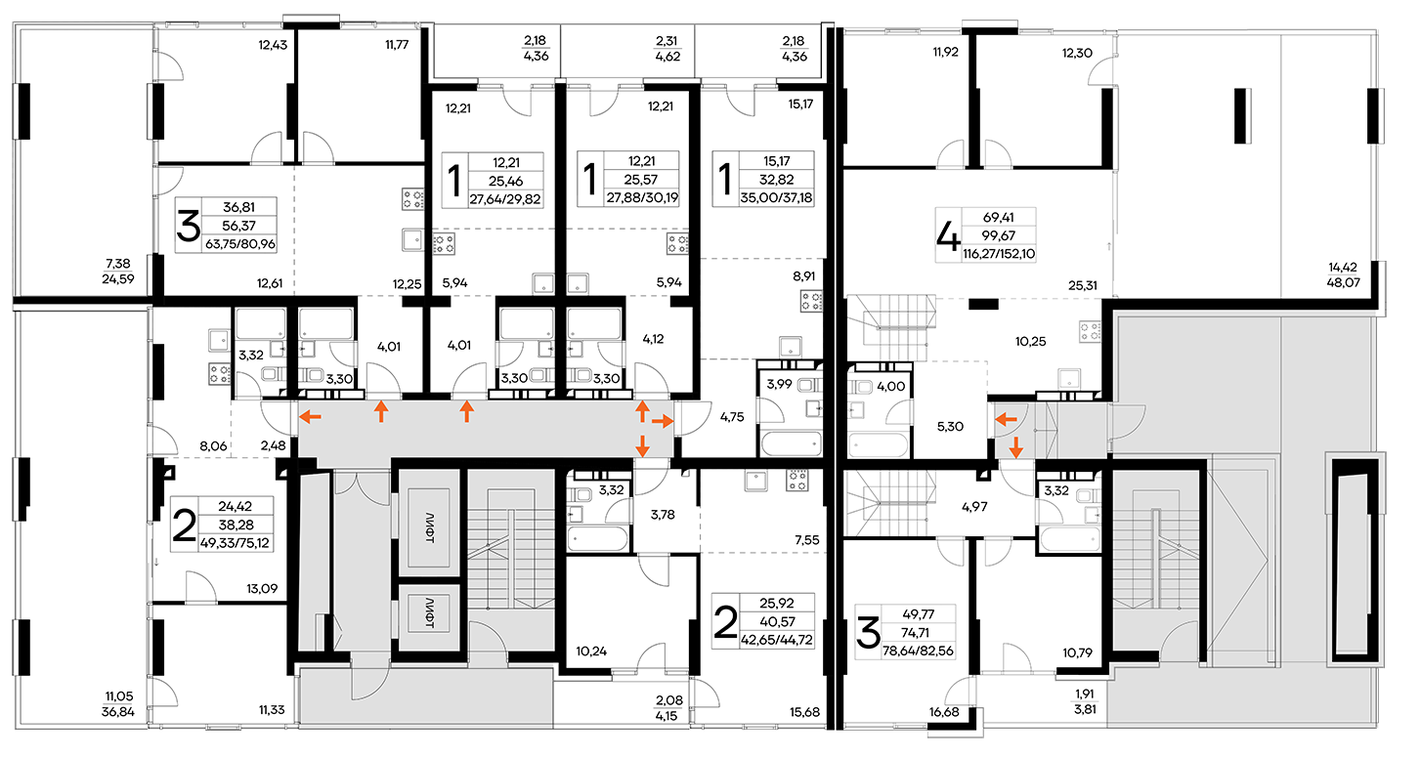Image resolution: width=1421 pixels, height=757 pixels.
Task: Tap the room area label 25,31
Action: pyautogui.click(x=1082, y=285)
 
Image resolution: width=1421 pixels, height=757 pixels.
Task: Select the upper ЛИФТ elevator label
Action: pyautogui.click(x=429, y=527)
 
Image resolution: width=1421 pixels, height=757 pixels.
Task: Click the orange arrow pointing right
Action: pyautogui.click(x=662, y=421)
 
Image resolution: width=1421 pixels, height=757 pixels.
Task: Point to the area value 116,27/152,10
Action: pyautogui.click(x=999, y=254)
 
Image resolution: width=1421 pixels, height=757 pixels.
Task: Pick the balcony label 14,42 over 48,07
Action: pyautogui.click(x=1343, y=275)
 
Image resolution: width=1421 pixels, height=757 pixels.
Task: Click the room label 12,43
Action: pyautogui.click(x=272, y=45)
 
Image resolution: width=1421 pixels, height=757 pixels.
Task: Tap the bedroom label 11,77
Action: pyautogui.click(x=397, y=45)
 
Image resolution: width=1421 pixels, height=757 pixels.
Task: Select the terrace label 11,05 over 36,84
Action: pyautogui.click(x=117, y=703)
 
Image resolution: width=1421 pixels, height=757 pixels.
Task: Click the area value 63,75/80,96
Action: pyautogui.click(x=240, y=244)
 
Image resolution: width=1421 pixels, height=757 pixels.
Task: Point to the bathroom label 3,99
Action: pyautogui.click(x=779, y=384)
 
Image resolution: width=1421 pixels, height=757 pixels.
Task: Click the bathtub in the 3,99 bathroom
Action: pyautogui.click(x=791, y=443)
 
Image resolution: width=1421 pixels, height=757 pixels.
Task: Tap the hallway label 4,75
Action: pyautogui.click(x=732, y=416)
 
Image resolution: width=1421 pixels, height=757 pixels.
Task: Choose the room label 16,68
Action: pyautogui.click(x=944, y=712)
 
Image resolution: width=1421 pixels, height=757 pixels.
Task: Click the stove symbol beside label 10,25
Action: pyautogui.click(x=1091, y=331)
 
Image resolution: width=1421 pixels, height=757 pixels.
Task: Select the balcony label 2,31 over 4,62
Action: pyautogui.click(x=667, y=48)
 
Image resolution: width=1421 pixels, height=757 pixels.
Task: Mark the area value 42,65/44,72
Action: pyautogui.click(x=777, y=640)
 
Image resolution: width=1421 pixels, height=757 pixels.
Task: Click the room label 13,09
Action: pyautogui.click(x=262, y=588)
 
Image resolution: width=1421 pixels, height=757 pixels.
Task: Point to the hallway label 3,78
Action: pyautogui.click(x=663, y=514)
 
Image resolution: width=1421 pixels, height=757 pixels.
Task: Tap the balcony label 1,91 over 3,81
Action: pyautogui.click(x=1085, y=701)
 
